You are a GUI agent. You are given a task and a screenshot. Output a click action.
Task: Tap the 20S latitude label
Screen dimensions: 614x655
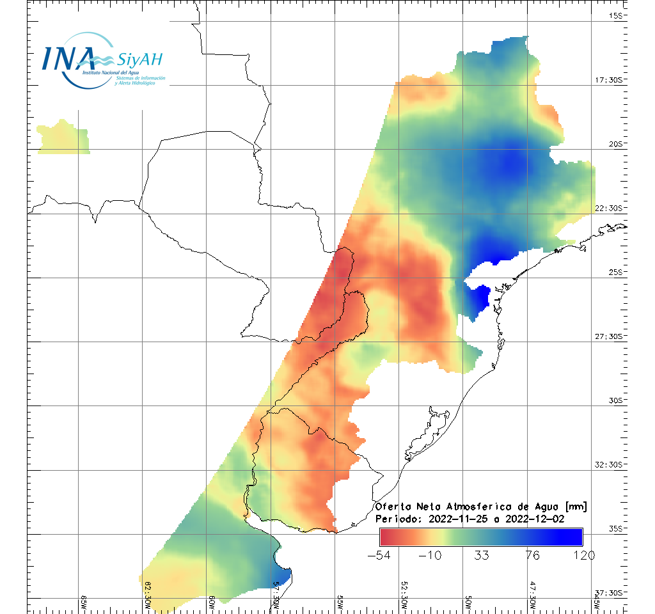(615, 144)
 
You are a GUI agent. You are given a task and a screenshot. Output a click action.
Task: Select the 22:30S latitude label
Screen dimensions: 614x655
(610, 209)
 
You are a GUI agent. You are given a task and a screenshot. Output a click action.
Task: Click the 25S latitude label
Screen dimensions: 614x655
(615, 272)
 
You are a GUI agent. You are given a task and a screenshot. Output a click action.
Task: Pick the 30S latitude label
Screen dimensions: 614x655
(615, 400)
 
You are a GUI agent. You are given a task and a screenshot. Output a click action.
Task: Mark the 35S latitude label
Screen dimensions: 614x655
(615, 529)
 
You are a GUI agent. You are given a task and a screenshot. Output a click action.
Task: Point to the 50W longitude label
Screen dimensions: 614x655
(468, 602)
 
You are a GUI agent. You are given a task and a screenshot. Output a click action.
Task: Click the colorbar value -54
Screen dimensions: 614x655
(381, 555)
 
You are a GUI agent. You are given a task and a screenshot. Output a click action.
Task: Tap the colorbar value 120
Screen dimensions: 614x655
(583, 555)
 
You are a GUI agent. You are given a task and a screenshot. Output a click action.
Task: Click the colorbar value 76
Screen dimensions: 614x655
(532, 555)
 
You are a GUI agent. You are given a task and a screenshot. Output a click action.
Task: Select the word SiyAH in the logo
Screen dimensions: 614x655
(139, 60)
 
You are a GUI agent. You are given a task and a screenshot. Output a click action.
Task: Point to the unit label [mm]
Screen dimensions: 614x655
(572, 507)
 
